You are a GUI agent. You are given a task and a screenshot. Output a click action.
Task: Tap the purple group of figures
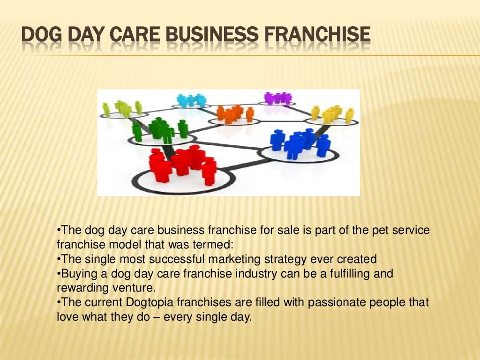(x=277, y=98)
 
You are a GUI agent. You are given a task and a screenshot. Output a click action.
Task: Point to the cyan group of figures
(x=192, y=100)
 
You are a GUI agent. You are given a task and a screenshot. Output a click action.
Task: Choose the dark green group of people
(x=160, y=127)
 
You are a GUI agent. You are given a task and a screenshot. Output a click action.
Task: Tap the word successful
(x=174, y=259)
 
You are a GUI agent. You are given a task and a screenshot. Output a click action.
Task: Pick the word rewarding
(x=80, y=288)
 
